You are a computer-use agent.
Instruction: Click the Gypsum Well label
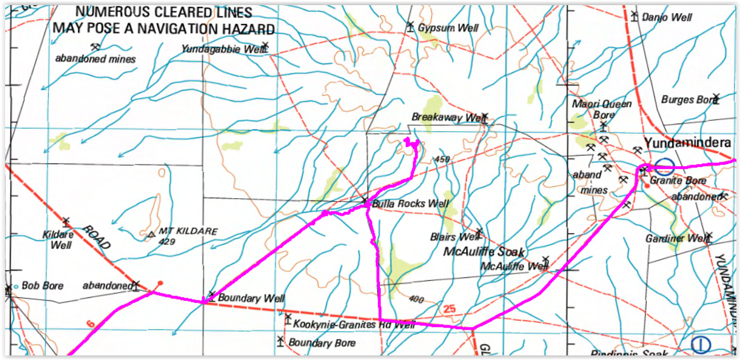448,28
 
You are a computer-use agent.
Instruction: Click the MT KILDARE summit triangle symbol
151,234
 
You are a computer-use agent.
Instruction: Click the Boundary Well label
251,298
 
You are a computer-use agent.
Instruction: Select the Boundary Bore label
322,343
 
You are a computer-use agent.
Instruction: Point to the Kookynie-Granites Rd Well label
355,325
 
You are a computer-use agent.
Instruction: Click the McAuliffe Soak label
484,252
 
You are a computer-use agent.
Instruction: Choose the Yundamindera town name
687,144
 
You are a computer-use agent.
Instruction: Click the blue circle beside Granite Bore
664,167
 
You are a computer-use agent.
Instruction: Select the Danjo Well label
667,18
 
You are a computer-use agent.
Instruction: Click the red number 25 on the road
449,309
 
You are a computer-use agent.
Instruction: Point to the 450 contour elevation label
442,159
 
